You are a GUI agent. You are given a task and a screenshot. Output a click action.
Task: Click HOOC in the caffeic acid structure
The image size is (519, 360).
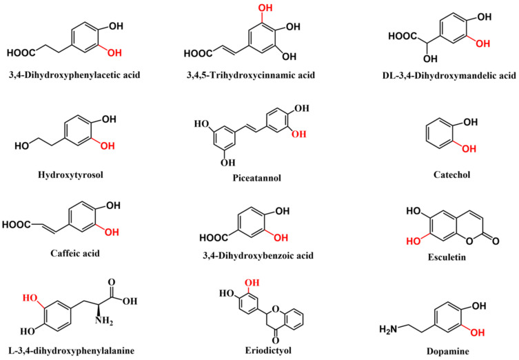(x=17, y=224)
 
